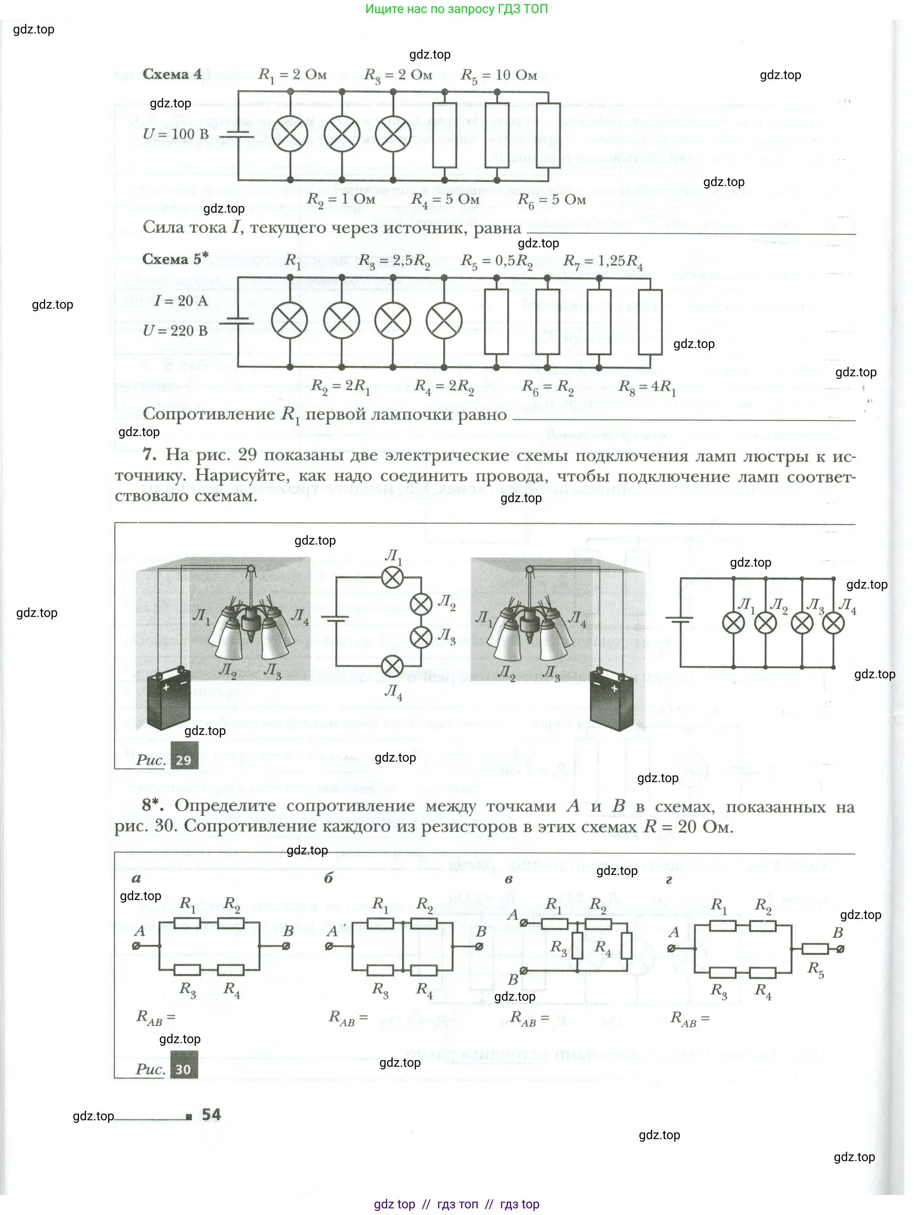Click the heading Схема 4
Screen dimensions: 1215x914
(x=172, y=74)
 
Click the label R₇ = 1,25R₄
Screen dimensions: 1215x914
(x=603, y=261)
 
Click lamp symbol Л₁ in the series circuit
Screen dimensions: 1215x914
(x=392, y=577)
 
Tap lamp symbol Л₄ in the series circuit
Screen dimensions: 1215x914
(x=392, y=667)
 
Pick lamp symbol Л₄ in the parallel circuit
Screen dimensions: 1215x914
(x=833, y=624)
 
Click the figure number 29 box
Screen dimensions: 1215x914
(x=184, y=760)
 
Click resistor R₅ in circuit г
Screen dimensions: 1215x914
(x=815, y=948)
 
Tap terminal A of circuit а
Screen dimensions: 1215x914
(x=136, y=946)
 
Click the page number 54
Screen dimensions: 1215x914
(x=211, y=1114)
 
